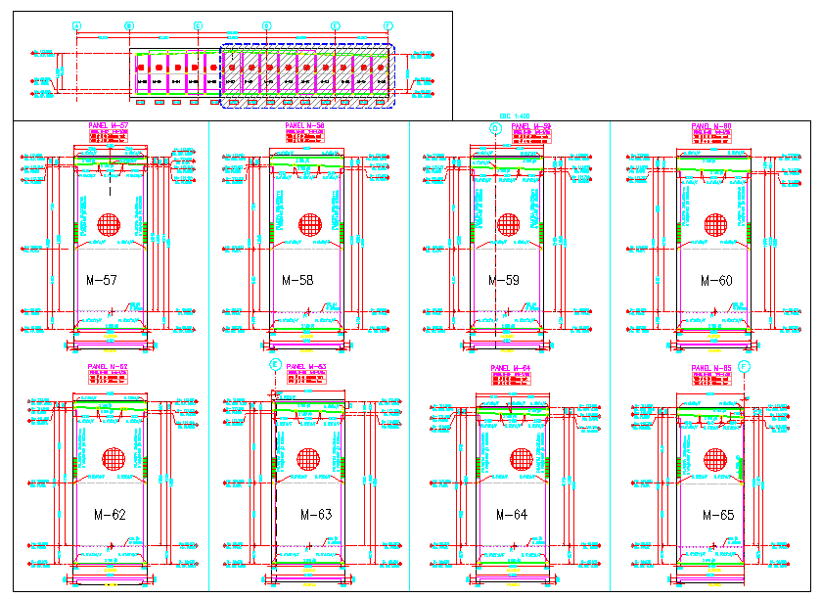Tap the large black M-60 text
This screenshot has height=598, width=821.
(716, 281)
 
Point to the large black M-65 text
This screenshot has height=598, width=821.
(718, 515)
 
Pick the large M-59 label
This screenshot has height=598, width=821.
(504, 281)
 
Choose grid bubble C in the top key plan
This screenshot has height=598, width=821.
(199, 25)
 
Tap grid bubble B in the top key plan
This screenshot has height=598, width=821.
(129, 25)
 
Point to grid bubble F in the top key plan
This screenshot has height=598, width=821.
(388, 25)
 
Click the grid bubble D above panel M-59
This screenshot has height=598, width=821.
(495, 127)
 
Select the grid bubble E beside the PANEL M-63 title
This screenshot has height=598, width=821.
(275, 365)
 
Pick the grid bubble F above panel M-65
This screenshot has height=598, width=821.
(744, 366)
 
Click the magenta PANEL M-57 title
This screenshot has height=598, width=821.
(109, 126)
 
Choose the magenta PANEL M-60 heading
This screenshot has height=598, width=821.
(711, 126)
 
